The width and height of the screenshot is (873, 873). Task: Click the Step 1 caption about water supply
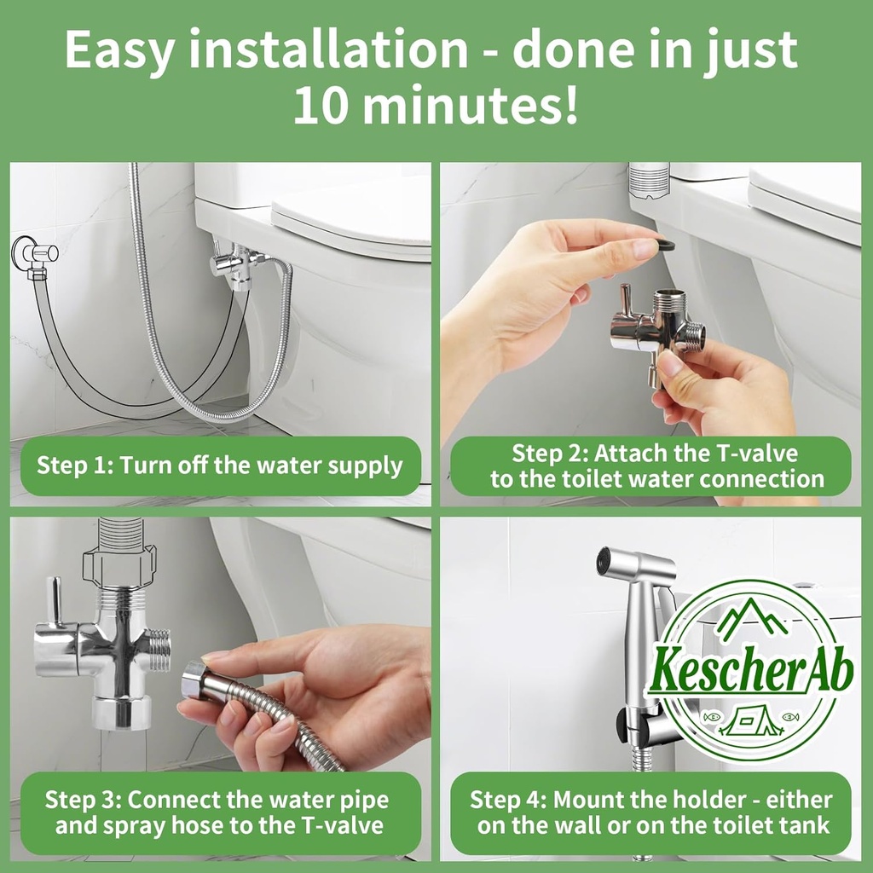pyautogui.click(x=219, y=465)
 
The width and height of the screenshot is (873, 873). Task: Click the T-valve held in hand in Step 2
pyautogui.click(x=657, y=328)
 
